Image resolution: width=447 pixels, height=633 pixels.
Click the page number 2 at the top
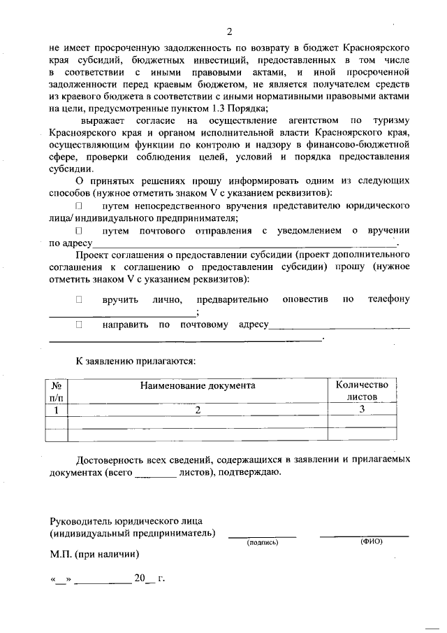[228, 31]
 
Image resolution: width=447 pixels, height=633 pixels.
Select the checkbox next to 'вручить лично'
[79, 299]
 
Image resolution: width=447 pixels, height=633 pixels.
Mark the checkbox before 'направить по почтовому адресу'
[79, 325]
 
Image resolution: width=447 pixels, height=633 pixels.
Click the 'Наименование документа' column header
[198, 385]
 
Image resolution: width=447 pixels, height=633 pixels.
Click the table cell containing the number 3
[362, 410]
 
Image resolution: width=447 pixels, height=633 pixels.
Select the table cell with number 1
[57, 410]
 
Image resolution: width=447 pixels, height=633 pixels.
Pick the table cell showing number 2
[198, 410]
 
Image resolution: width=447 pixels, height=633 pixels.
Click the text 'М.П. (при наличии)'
[94, 555]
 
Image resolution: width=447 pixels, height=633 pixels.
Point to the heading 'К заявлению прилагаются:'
[135, 361]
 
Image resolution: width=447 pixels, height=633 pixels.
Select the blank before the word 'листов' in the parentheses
[154, 473]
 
